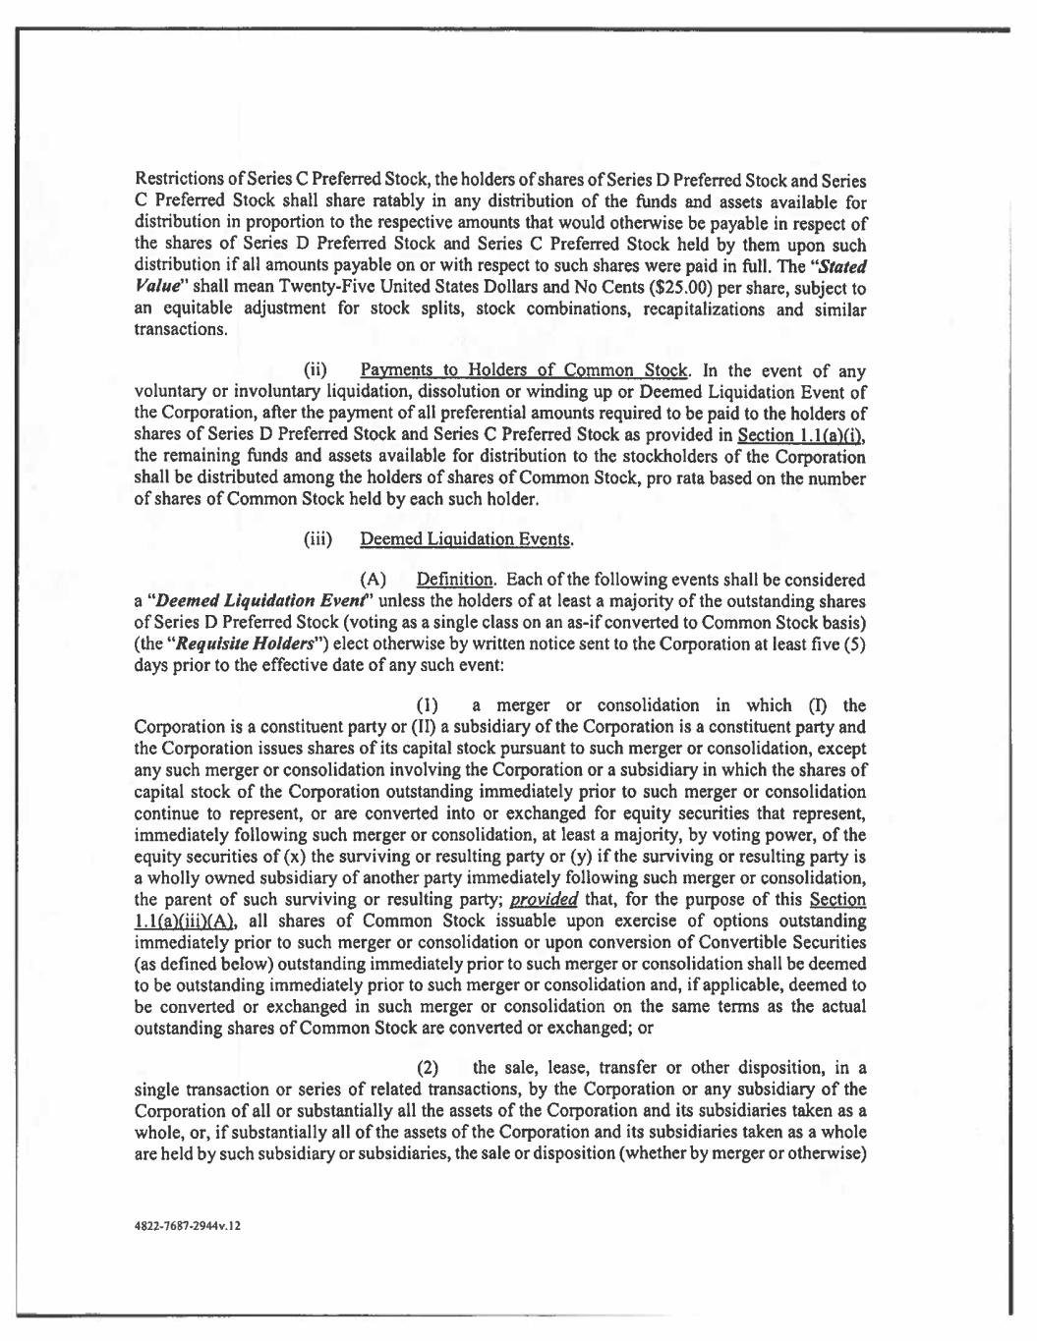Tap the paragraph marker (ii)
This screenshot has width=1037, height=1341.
tap(317, 372)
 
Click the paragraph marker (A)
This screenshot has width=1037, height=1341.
tap(373, 581)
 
